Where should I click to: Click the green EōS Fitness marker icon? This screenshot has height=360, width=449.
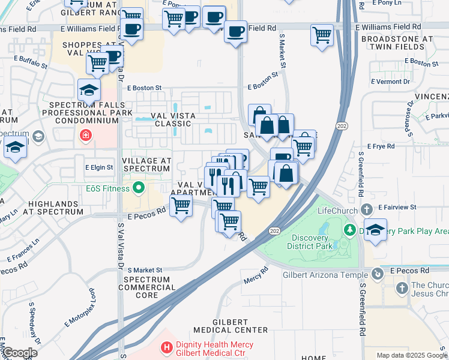point(139,189)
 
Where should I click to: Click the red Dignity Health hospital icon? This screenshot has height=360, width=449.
point(166,347)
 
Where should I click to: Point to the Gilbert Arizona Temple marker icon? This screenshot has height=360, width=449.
point(377,275)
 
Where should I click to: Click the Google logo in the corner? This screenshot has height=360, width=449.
point(20,353)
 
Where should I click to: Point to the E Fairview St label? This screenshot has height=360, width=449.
point(397,207)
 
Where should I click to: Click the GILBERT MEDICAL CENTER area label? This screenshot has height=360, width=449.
point(231,325)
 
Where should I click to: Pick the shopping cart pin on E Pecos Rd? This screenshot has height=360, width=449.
point(181,206)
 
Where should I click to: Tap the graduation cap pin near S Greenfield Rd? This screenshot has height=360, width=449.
point(375,231)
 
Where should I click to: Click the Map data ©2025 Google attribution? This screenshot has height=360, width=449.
point(412,355)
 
